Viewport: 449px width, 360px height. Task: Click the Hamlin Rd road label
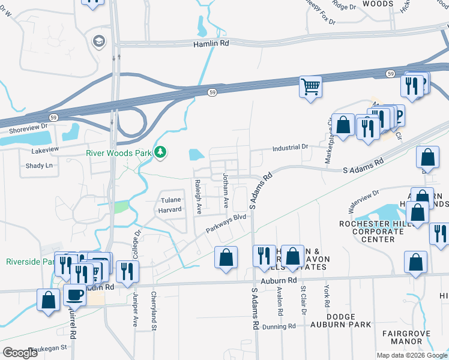pyautogui.click(x=211, y=44)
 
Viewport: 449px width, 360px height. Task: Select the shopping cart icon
pyautogui.click(x=311, y=86)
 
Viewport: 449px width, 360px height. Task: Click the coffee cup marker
pyautogui.click(x=75, y=295)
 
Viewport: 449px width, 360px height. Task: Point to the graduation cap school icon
pyautogui.click(x=97, y=41)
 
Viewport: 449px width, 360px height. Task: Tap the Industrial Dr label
pyautogui.click(x=290, y=147)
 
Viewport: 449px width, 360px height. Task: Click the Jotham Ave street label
pyautogui.click(x=226, y=191)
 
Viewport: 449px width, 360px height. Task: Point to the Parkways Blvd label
pyautogui.click(x=226, y=224)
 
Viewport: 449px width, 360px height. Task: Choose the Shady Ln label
pyautogui.click(x=39, y=166)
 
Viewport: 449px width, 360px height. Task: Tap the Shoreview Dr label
pyautogui.click(x=28, y=130)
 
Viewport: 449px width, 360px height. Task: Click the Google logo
pyautogui.click(x=19, y=352)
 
